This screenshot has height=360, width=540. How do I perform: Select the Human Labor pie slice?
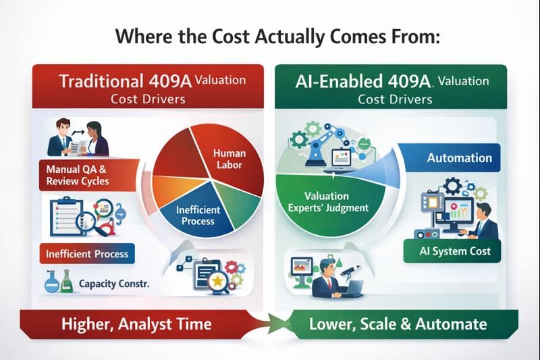229,159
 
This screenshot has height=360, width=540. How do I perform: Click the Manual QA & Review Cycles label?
77,174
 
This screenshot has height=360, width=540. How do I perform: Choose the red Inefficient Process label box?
86,255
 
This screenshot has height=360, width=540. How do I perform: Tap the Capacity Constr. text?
114,284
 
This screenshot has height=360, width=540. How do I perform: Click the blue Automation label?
459,158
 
